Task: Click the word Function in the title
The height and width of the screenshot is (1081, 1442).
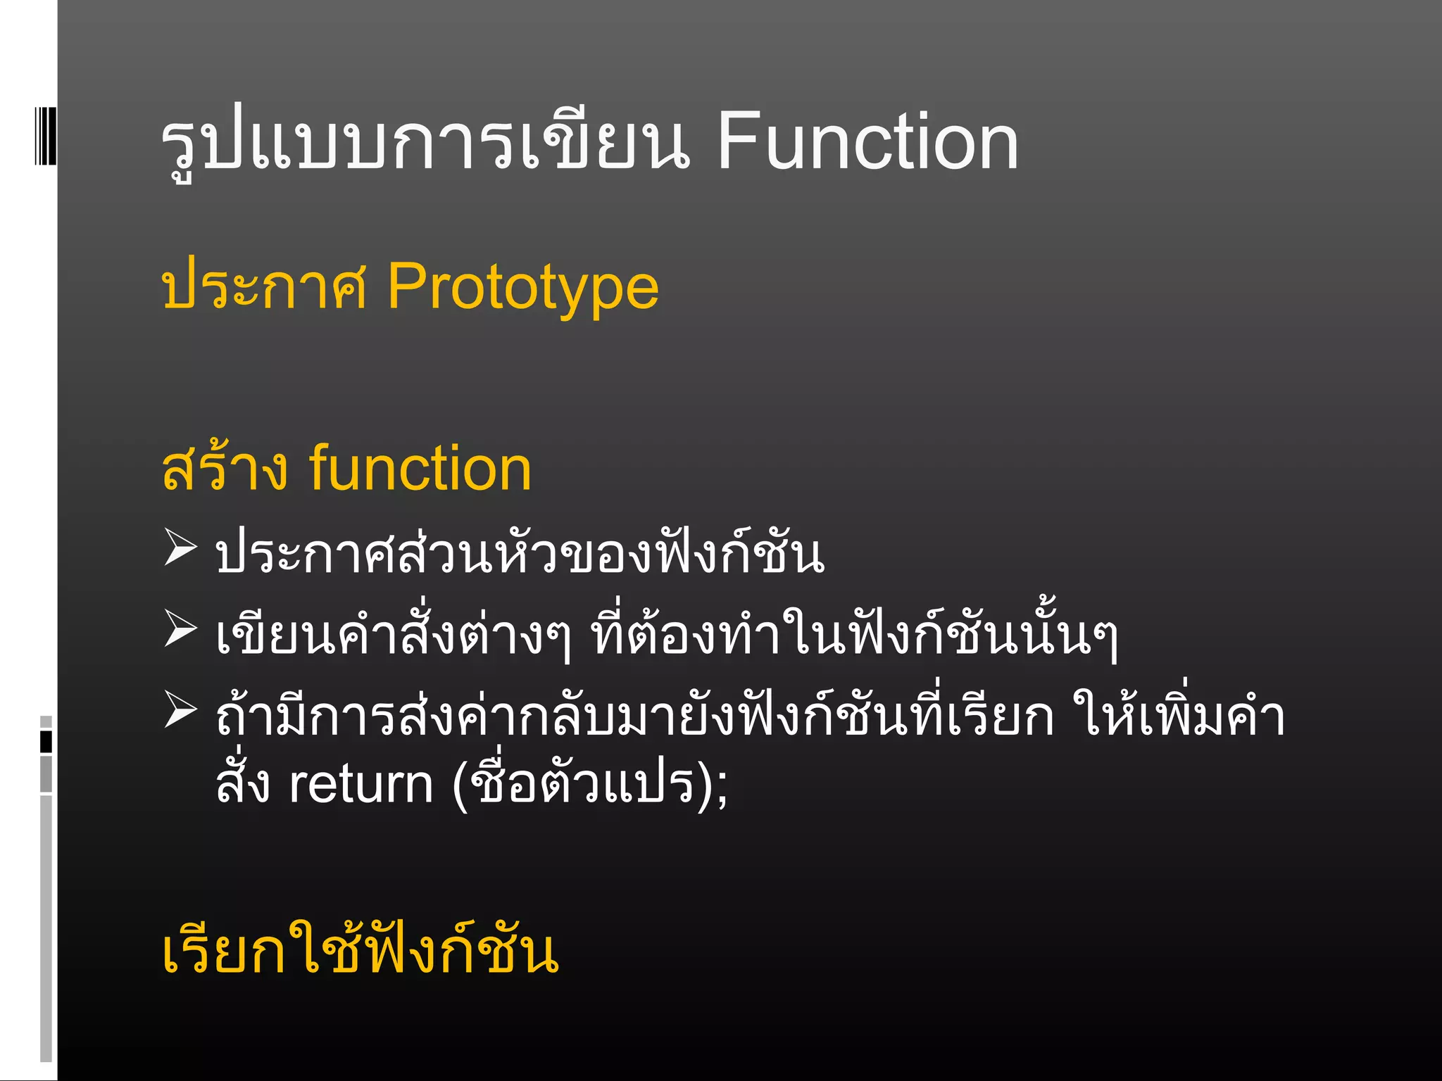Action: (x=867, y=142)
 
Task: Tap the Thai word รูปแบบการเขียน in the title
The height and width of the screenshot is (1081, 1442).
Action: (x=425, y=142)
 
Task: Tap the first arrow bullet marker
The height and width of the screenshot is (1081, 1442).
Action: (x=180, y=548)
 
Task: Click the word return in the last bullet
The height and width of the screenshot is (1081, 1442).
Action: (x=360, y=785)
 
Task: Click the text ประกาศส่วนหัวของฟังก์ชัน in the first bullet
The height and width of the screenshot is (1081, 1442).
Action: (x=520, y=553)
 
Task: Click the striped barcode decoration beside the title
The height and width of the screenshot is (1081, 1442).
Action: (x=46, y=135)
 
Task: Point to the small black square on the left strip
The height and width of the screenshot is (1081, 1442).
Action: (x=46, y=742)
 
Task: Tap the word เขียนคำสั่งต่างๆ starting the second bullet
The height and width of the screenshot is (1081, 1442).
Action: (x=394, y=633)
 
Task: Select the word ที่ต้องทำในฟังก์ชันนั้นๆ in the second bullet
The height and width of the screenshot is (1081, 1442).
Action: (x=854, y=633)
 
